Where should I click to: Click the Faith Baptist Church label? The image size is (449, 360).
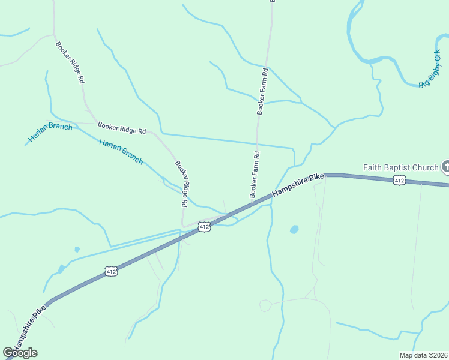coord(401,167)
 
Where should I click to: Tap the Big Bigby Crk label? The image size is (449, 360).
coord(429,69)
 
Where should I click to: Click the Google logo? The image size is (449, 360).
coord(20,352)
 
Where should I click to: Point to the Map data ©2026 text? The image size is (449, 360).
coord(424,355)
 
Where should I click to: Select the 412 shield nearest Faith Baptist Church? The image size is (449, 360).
coord(400,180)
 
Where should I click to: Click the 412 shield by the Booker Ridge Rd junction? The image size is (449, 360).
coord(204,227)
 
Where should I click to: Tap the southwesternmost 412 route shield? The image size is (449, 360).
coord(111,272)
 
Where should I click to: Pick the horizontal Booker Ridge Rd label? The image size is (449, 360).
coord(122,127)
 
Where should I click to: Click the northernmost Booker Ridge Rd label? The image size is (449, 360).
coord(70,62)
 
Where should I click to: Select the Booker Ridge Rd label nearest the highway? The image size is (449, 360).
coord(182,184)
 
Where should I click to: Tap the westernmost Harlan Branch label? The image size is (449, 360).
coord(50,133)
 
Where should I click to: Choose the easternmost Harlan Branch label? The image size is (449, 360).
coord(121,152)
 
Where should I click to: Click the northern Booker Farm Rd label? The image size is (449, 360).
coord(262,91)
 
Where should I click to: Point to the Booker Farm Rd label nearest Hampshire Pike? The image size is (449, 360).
coord(255,175)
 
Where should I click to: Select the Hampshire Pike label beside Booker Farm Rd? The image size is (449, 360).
coord(298,185)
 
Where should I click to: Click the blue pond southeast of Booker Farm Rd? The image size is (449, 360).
coord(294,229)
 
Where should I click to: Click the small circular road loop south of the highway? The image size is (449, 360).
coord(265,306)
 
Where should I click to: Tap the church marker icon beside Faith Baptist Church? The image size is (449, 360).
coord(445,166)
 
